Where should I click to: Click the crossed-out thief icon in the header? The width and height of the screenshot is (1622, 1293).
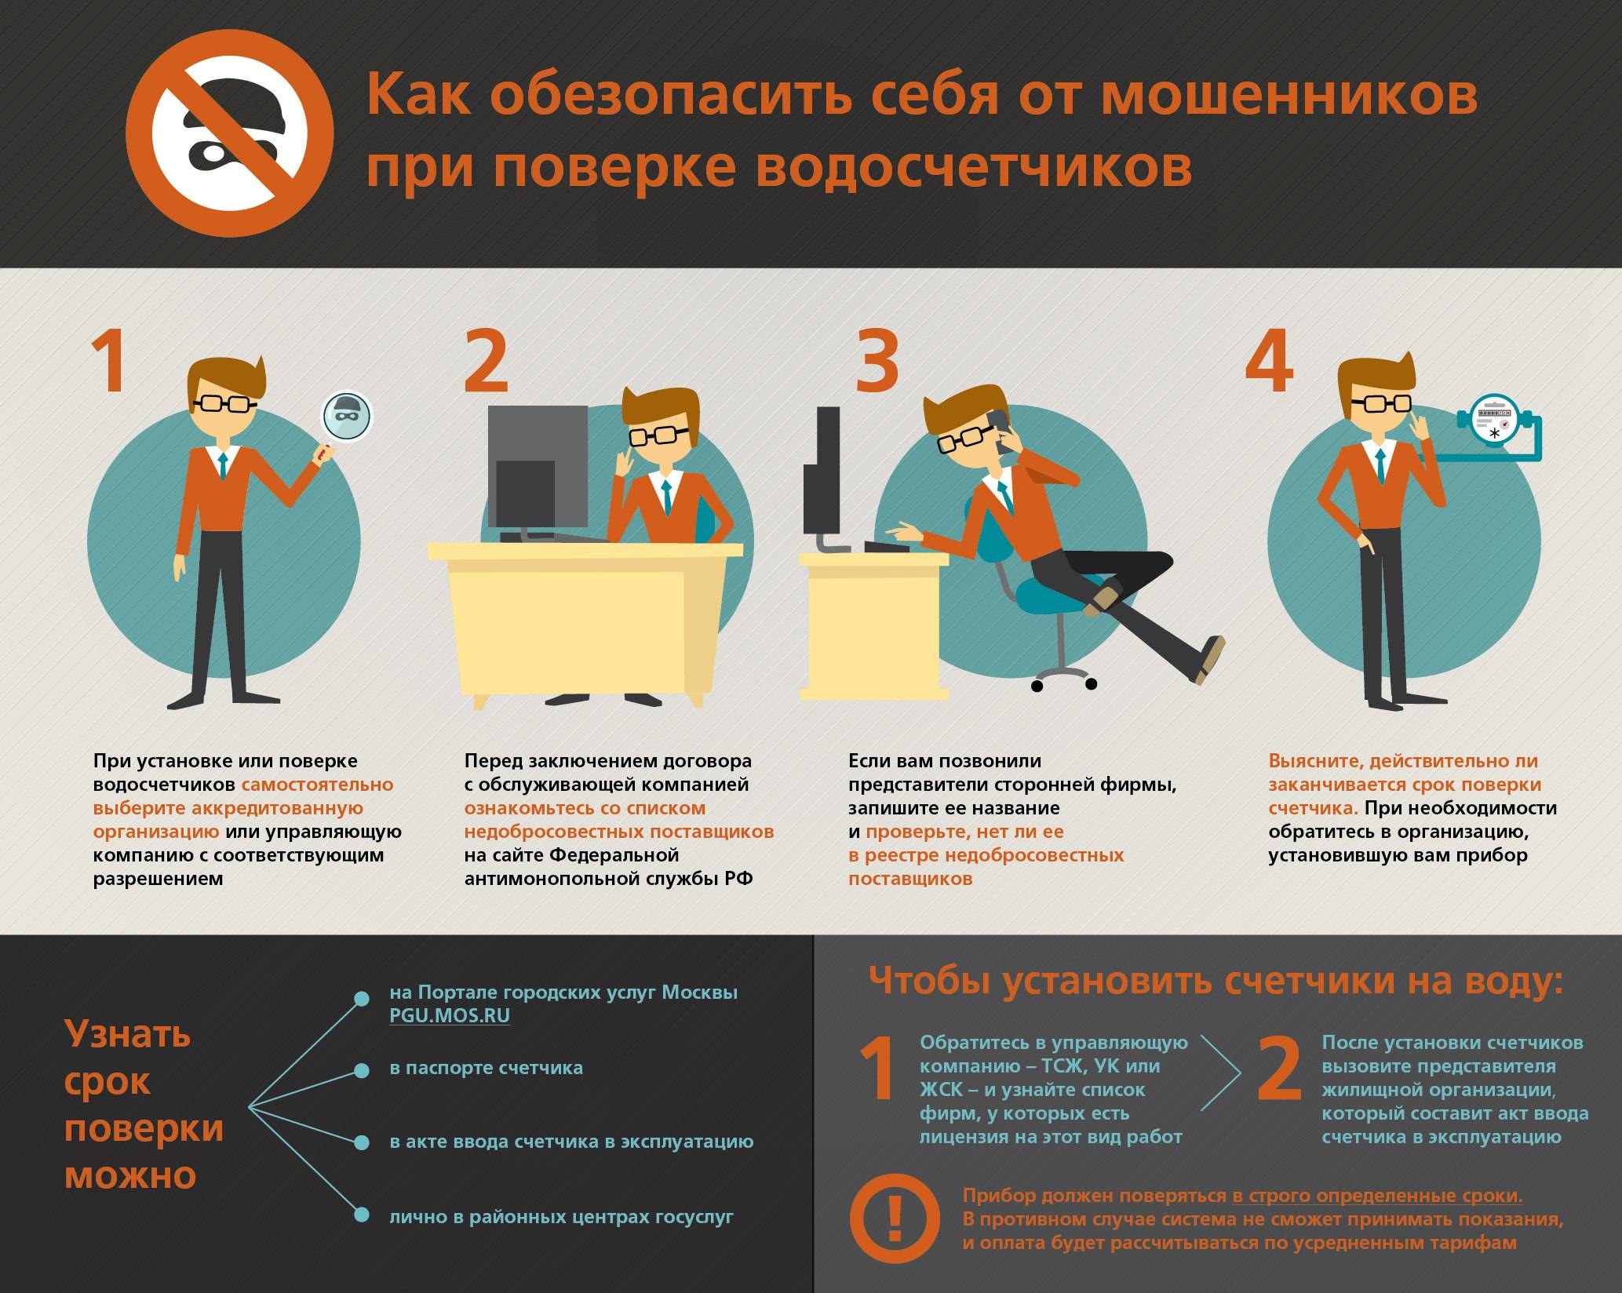click(230, 133)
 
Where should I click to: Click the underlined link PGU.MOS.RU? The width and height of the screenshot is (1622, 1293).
click(450, 1015)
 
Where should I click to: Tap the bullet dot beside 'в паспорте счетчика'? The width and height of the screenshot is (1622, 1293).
click(362, 1071)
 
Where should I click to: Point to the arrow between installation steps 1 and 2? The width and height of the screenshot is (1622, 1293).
click(1221, 1073)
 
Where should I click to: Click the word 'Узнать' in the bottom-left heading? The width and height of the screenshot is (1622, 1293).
click(128, 1035)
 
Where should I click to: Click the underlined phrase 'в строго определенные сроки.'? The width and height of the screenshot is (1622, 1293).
click(1377, 1196)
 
